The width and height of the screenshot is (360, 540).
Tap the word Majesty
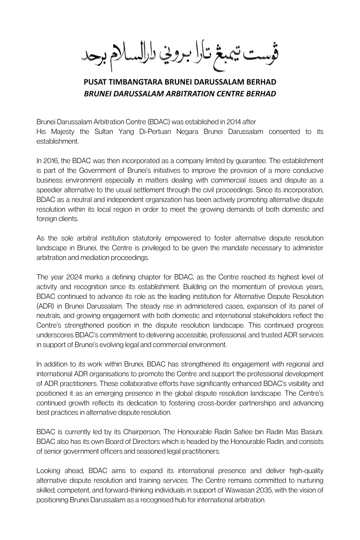tap(62, 132)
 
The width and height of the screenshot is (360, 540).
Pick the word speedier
tap(50, 190)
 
